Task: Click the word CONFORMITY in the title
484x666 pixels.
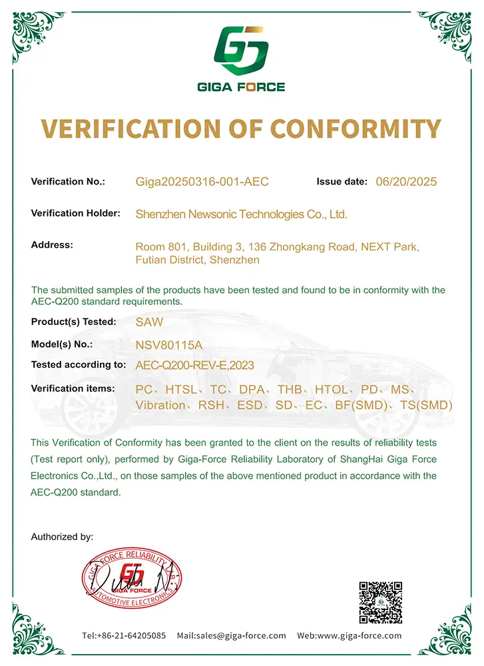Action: tap(345, 129)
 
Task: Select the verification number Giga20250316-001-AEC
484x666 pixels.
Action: tap(202, 182)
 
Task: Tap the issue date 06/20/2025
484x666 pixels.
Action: tap(406, 182)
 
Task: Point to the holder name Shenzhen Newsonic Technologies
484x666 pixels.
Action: tap(241, 214)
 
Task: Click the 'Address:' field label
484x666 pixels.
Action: tap(52, 245)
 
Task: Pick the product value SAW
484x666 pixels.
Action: tap(149, 322)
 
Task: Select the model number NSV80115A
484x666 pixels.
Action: tap(168, 345)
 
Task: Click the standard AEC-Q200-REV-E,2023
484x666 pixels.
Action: tap(194, 365)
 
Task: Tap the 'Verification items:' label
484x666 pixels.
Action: tap(73, 388)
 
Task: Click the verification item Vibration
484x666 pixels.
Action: tap(160, 405)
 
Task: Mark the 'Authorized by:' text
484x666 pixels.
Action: tap(62, 536)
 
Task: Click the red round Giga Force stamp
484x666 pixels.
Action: tap(132, 573)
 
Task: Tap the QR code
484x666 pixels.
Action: tap(381, 602)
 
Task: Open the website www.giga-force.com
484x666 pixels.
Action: tap(360, 635)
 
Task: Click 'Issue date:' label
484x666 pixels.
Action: tap(342, 181)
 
